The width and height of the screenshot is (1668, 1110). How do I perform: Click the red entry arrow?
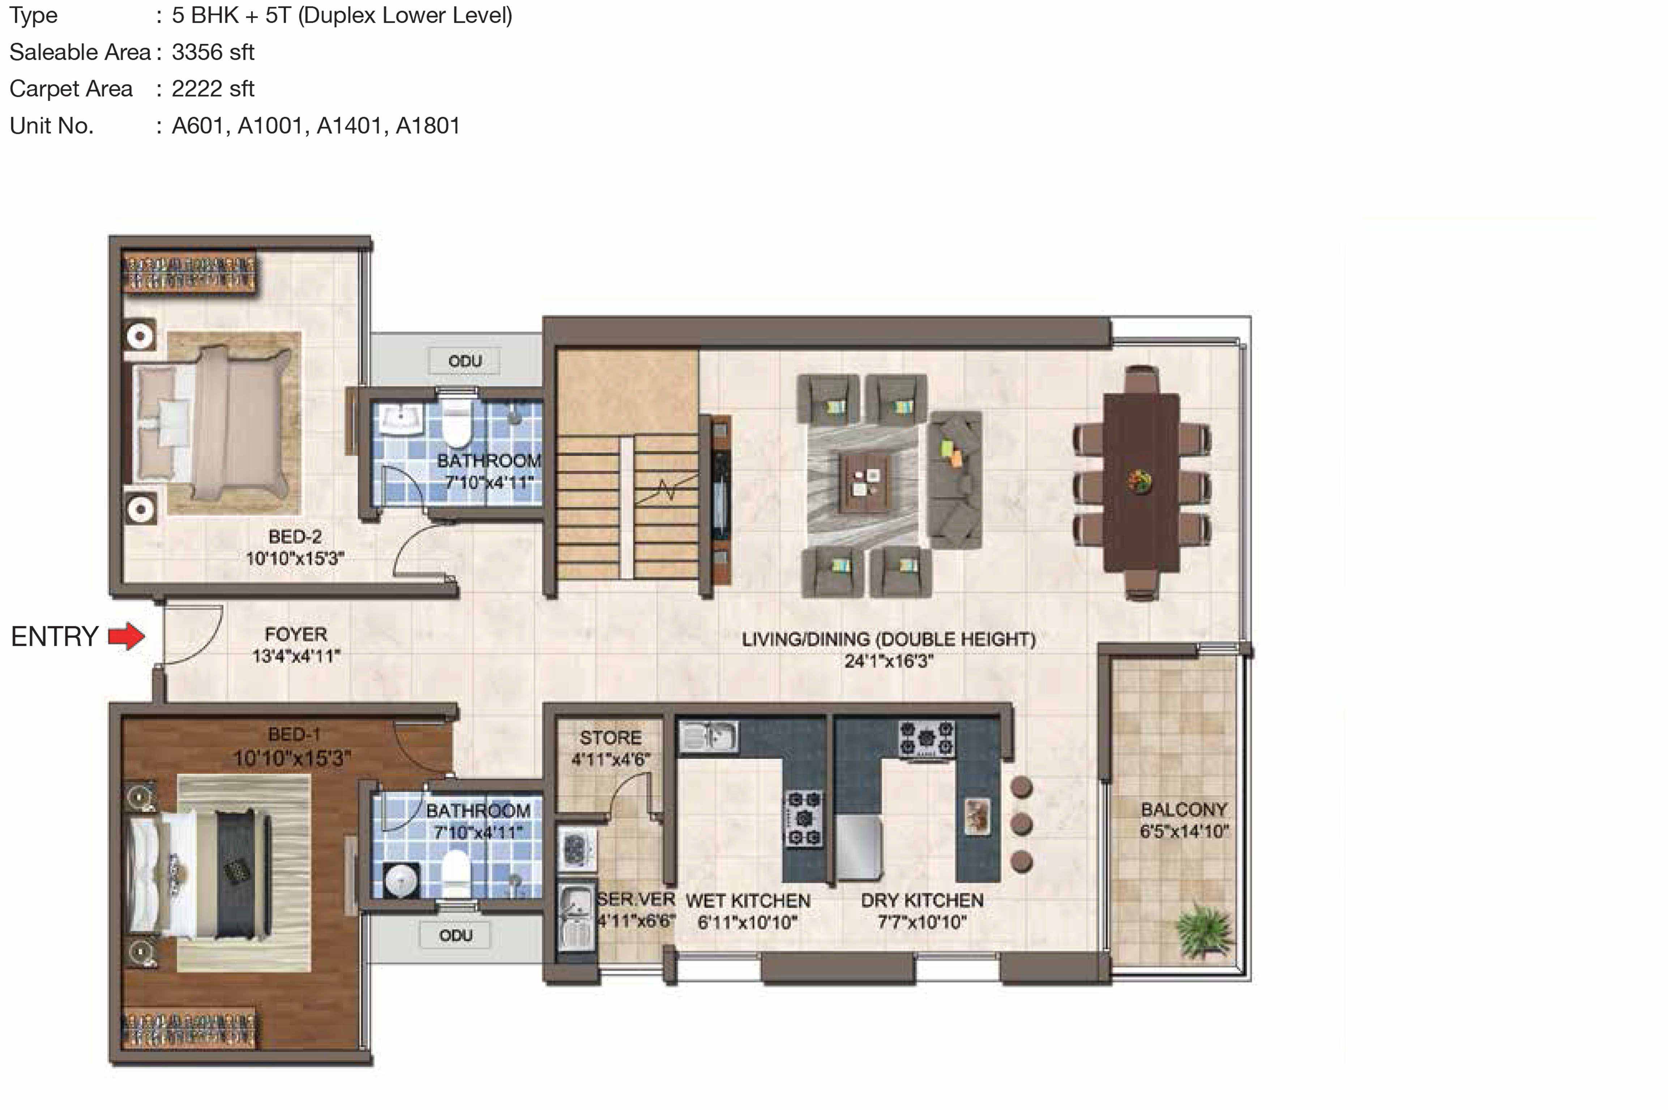click(x=126, y=636)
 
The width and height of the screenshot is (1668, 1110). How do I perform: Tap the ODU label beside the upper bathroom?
click(x=465, y=361)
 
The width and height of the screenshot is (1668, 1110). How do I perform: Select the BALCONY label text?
click(x=1184, y=809)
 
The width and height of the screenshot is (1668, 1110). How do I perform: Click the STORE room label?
click(x=611, y=737)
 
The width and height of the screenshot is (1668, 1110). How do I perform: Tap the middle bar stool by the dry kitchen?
click(x=1021, y=824)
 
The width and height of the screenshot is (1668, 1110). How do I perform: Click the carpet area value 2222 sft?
click(x=213, y=89)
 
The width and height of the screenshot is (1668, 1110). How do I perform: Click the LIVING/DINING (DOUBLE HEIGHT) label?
click(x=888, y=639)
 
